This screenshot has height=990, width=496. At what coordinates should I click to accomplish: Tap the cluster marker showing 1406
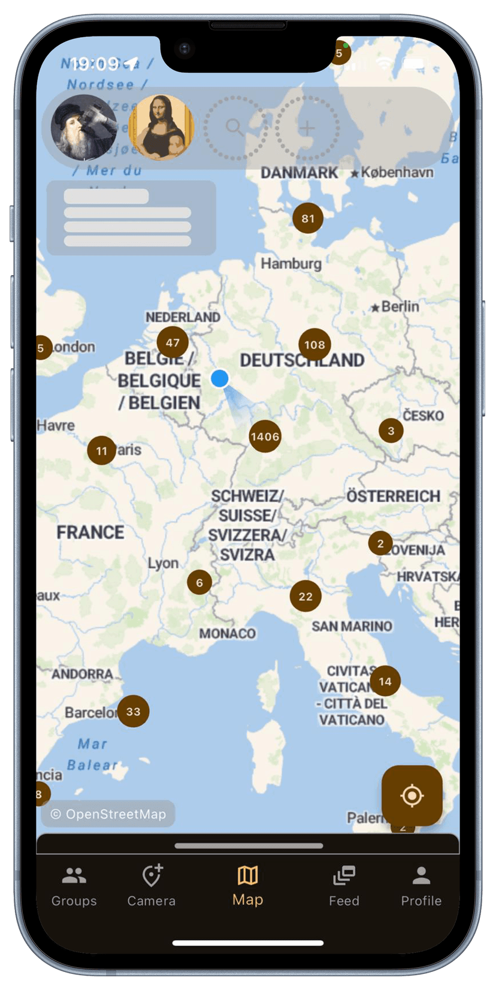[265, 437]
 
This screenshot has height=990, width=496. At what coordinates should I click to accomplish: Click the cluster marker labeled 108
[314, 345]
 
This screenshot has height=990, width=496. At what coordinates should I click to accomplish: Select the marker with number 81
[308, 218]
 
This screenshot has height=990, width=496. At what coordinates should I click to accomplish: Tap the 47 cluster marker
[173, 342]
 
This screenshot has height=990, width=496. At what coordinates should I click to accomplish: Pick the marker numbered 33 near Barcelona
[133, 711]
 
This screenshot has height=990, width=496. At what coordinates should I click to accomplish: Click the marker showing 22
[306, 596]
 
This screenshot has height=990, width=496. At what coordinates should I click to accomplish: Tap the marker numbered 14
[385, 681]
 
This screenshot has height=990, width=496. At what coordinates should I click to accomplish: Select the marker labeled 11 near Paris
[102, 450]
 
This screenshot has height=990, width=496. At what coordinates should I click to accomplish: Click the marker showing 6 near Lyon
[199, 582]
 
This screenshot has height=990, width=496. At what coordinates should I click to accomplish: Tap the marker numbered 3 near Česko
[391, 430]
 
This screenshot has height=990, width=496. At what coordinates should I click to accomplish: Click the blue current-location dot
[220, 378]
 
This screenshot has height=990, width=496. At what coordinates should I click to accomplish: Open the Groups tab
[74, 886]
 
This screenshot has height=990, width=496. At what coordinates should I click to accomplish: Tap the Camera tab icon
[152, 876]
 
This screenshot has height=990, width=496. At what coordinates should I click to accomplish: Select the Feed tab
[344, 886]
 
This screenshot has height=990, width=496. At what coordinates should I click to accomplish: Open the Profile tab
[421, 886]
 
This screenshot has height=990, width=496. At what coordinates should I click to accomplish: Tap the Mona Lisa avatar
[162, 127]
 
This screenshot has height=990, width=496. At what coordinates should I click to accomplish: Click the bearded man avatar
[84, 127]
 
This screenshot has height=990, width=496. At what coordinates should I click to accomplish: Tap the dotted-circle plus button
[307, 128]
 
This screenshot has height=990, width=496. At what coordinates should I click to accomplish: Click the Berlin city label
[400, 306]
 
